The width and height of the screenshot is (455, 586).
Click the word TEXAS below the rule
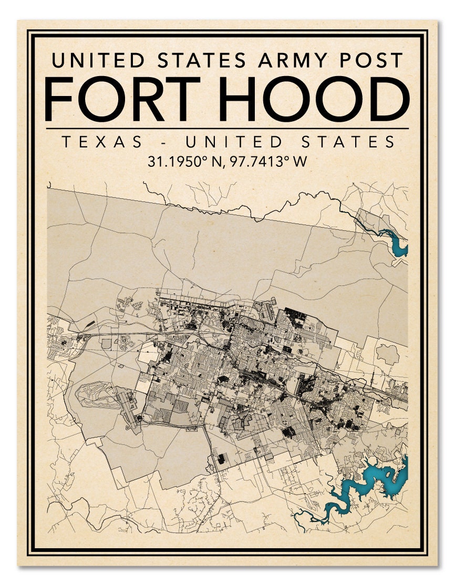pyautogui.click(x=102, y=142)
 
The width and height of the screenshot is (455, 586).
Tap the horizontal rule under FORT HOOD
pyautogui.click(x=227, y=128)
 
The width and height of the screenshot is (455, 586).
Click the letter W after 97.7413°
pyautogui.click(x=299, y=162)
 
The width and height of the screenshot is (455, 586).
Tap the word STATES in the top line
pyautogui.click(x=208, y=60)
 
